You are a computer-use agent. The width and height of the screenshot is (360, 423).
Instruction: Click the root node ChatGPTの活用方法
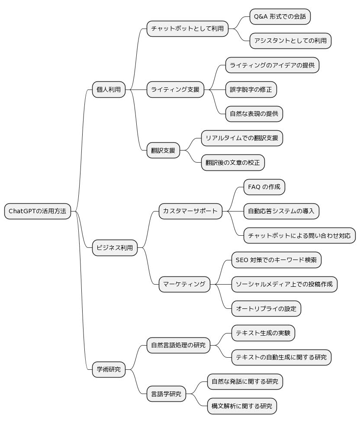[38, 211]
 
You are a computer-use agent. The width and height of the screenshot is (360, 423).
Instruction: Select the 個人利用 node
[109, 90]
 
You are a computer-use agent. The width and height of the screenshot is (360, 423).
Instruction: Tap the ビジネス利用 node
[115, 248]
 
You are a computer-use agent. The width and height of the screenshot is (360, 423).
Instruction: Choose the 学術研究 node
[109, 370]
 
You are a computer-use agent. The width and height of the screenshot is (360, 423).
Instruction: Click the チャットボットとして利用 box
[187, 29]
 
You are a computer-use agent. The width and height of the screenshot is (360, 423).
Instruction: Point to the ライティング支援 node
[175, 90]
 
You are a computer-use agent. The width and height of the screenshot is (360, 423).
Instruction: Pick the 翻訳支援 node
[163, 151]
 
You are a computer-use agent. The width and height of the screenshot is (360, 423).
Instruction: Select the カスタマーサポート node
[190, 211]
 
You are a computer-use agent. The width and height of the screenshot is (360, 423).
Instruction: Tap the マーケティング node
[184, 284]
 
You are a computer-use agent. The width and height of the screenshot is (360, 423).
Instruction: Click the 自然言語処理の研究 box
[178, 345]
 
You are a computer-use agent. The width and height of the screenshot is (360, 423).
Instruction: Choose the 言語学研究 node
[166, 394]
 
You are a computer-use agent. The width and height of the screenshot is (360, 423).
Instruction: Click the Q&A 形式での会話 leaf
[280, 16]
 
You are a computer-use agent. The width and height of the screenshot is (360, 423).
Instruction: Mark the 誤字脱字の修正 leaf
[251, 90]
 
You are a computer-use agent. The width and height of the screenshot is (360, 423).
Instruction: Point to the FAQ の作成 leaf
[264, 187]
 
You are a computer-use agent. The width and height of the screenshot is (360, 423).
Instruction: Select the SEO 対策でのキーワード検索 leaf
[276, 260]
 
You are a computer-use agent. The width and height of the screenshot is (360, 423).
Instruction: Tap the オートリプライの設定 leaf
[266, 309]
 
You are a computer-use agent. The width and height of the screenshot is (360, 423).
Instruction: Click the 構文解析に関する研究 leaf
[242, 406]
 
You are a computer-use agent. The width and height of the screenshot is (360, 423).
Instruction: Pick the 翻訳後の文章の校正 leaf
[233, 163]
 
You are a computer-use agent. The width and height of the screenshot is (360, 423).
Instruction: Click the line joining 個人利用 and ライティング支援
[136, 90]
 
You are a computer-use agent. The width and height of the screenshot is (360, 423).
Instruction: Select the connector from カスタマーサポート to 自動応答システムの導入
[233, 211]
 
